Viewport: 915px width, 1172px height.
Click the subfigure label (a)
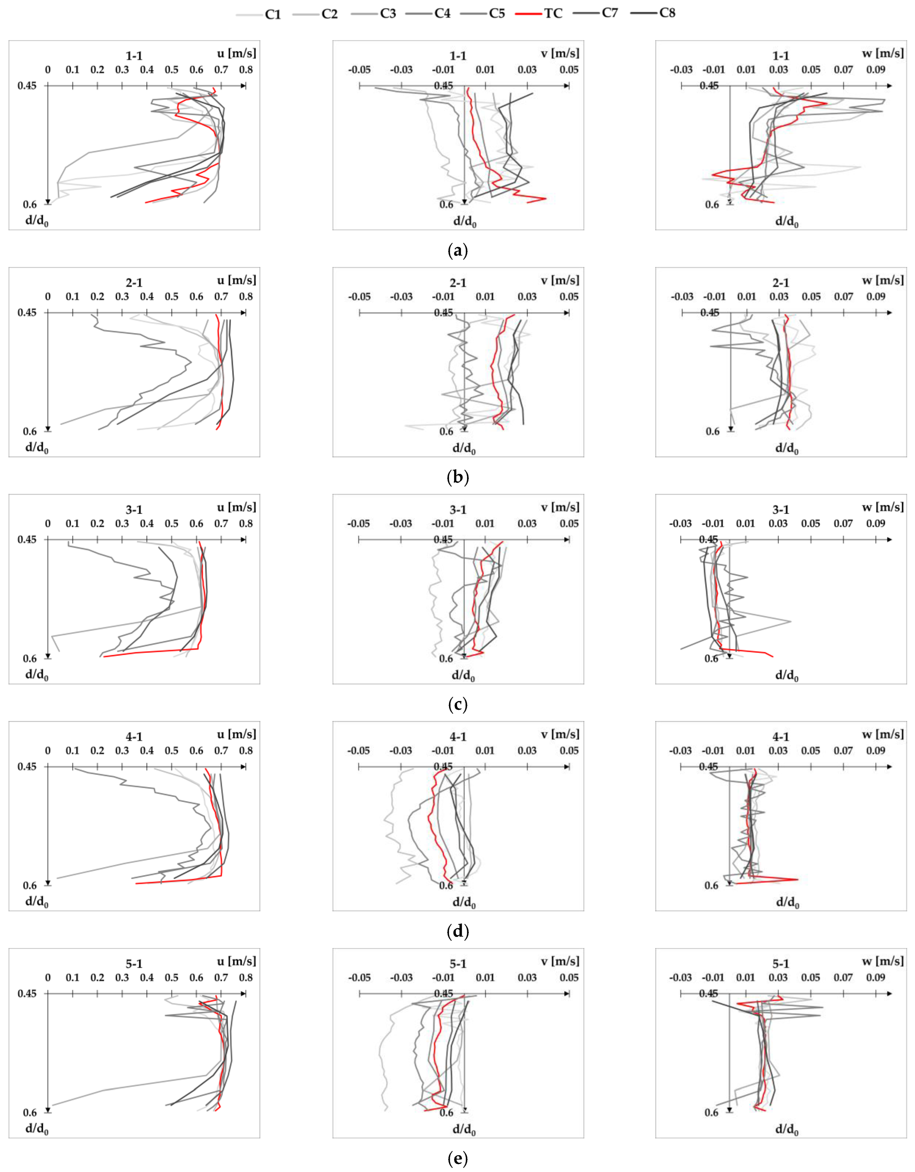[457, 251]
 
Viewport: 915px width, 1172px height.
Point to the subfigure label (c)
[457, 704]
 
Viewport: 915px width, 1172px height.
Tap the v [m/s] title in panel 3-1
[560, 507]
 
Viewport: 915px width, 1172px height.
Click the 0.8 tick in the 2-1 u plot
[246, 297]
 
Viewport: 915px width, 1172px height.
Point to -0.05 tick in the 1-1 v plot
[359, 70]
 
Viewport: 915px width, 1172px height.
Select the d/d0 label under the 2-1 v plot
[464, 449]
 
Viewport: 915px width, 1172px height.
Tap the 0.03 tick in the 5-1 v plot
[527, 978]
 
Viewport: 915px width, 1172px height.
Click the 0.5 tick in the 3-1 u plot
[172, 524]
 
